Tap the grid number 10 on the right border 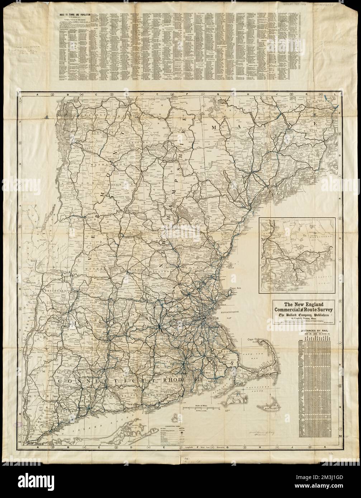pos(340,436)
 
